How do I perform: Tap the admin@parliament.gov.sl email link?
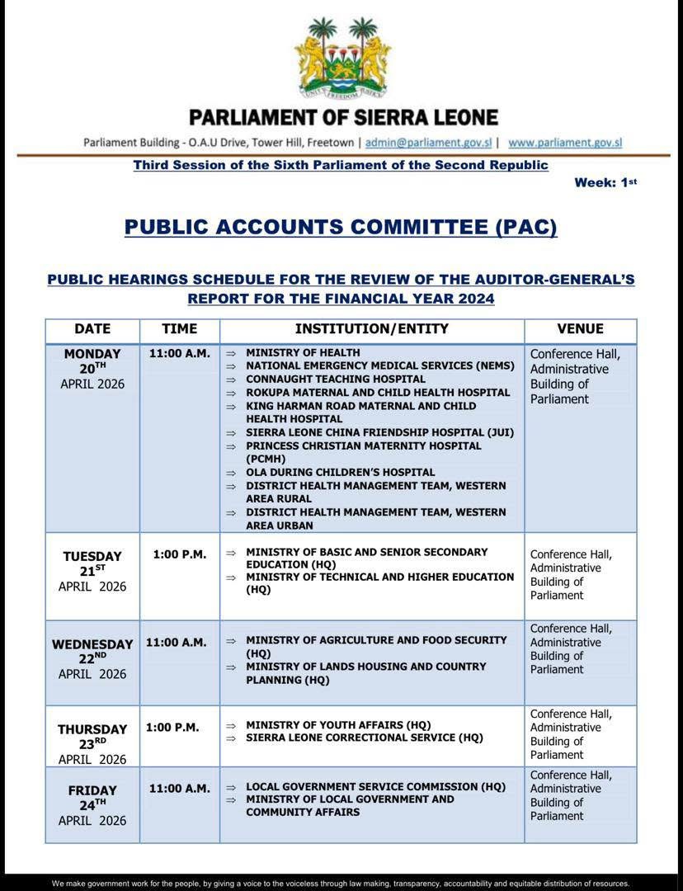coord(428,142)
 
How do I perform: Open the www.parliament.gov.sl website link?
coord(564,142)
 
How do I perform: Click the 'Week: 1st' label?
coord(605,182)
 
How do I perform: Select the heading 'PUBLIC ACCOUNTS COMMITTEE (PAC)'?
coord(341,227)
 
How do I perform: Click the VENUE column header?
coord(580,329)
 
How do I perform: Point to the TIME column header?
coord(179,329)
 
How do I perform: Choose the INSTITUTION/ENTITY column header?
coord(372,329)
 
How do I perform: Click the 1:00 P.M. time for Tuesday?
coord(179,554)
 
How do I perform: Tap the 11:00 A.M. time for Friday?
coord(179,789)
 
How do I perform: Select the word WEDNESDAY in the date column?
coord(92,644)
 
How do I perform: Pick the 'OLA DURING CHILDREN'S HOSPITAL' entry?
coord(340,473)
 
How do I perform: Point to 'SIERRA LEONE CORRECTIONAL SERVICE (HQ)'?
coord(365,738)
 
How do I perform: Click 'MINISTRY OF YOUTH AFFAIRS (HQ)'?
coord(338,725)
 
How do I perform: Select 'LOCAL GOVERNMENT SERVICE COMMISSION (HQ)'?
coord(375,787)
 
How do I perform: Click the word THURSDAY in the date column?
coord(92,729)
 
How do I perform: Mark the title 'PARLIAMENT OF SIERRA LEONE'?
coord(343,118)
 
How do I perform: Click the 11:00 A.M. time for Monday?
coord(179,354)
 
